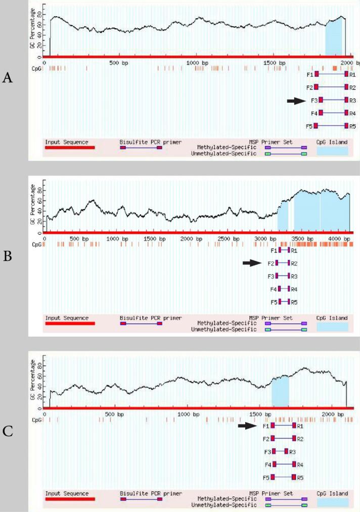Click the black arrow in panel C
pos(248,426)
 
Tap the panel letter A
pos(8,78)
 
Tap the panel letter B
pos(8,256)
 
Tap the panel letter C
pos(8,431)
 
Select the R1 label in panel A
pos(352,75)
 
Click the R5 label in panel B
pos(294,302)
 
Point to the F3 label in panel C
pos(267,451)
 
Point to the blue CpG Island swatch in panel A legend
pos(332,151)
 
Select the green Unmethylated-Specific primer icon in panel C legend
pos(286,505)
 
